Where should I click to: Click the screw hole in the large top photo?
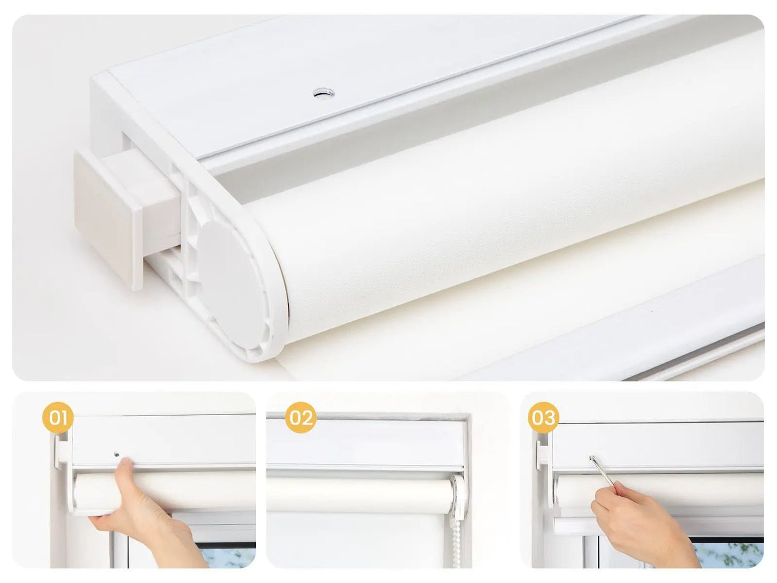click(324, 94)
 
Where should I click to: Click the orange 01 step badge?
click(57, 418)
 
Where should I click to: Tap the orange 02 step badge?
click(300, 418)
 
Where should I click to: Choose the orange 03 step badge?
click(543, 418)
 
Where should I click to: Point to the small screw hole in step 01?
click(117, 454)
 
